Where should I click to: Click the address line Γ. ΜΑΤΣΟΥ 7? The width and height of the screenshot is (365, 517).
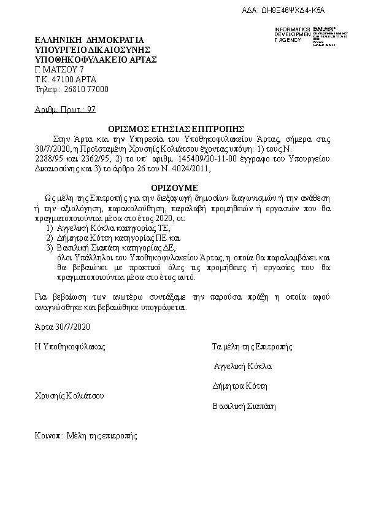tap(60, 69)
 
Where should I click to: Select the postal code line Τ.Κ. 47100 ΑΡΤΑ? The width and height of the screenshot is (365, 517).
tap(66, 79)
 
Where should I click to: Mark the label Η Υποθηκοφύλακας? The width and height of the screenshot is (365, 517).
tap(70, 347)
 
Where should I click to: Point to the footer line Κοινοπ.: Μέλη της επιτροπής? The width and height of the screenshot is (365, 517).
tap(86, 436)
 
